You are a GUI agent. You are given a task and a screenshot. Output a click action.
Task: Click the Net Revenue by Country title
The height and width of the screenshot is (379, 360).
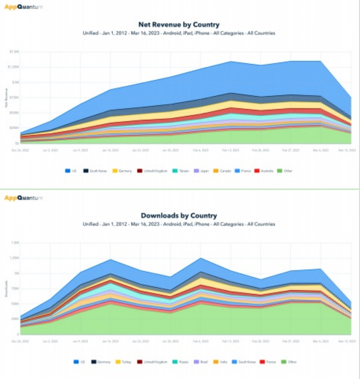tap(179, 24)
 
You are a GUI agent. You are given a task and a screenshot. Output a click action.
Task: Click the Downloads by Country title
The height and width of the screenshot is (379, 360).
tap(179, 215)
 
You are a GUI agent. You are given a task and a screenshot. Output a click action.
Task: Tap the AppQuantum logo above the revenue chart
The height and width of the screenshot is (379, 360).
tap(23, 7)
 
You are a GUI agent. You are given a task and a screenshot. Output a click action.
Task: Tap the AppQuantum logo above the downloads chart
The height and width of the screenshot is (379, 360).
tap(23, 198)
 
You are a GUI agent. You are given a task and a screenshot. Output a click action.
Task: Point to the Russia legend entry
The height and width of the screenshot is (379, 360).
tap(182, 362)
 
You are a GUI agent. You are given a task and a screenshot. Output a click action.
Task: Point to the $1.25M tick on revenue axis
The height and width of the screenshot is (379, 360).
tap(14, 67)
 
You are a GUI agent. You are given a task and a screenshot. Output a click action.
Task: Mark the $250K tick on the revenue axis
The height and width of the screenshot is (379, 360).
tap(14, 128)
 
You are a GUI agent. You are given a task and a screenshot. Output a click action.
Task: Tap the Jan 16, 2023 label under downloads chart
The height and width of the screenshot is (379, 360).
tap(112, 341)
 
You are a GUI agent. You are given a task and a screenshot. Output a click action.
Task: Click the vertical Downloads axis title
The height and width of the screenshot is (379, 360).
tap(6, 288)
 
